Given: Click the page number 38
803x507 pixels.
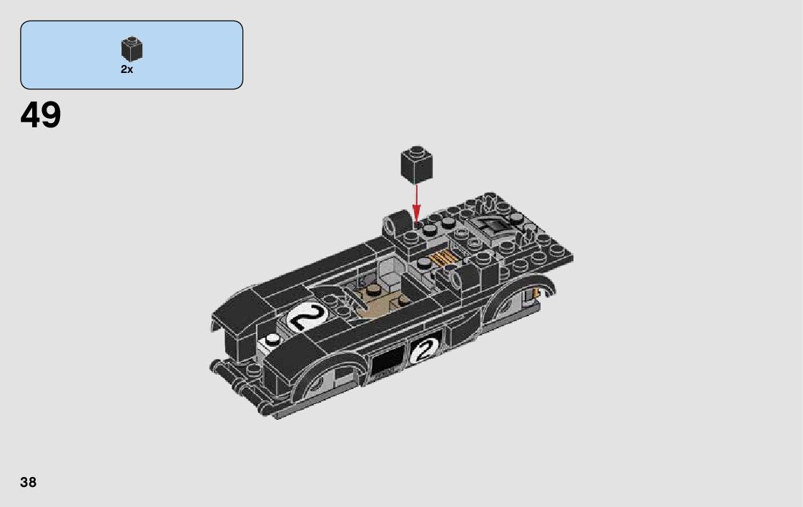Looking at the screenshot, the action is click(28, 482).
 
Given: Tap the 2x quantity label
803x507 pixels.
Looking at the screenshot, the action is click(127, 69).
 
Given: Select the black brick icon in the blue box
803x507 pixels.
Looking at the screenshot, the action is click(132, 49).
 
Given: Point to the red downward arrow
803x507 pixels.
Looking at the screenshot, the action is click(417, 203).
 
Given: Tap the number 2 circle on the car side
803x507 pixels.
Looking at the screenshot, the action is click(425, 350).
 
